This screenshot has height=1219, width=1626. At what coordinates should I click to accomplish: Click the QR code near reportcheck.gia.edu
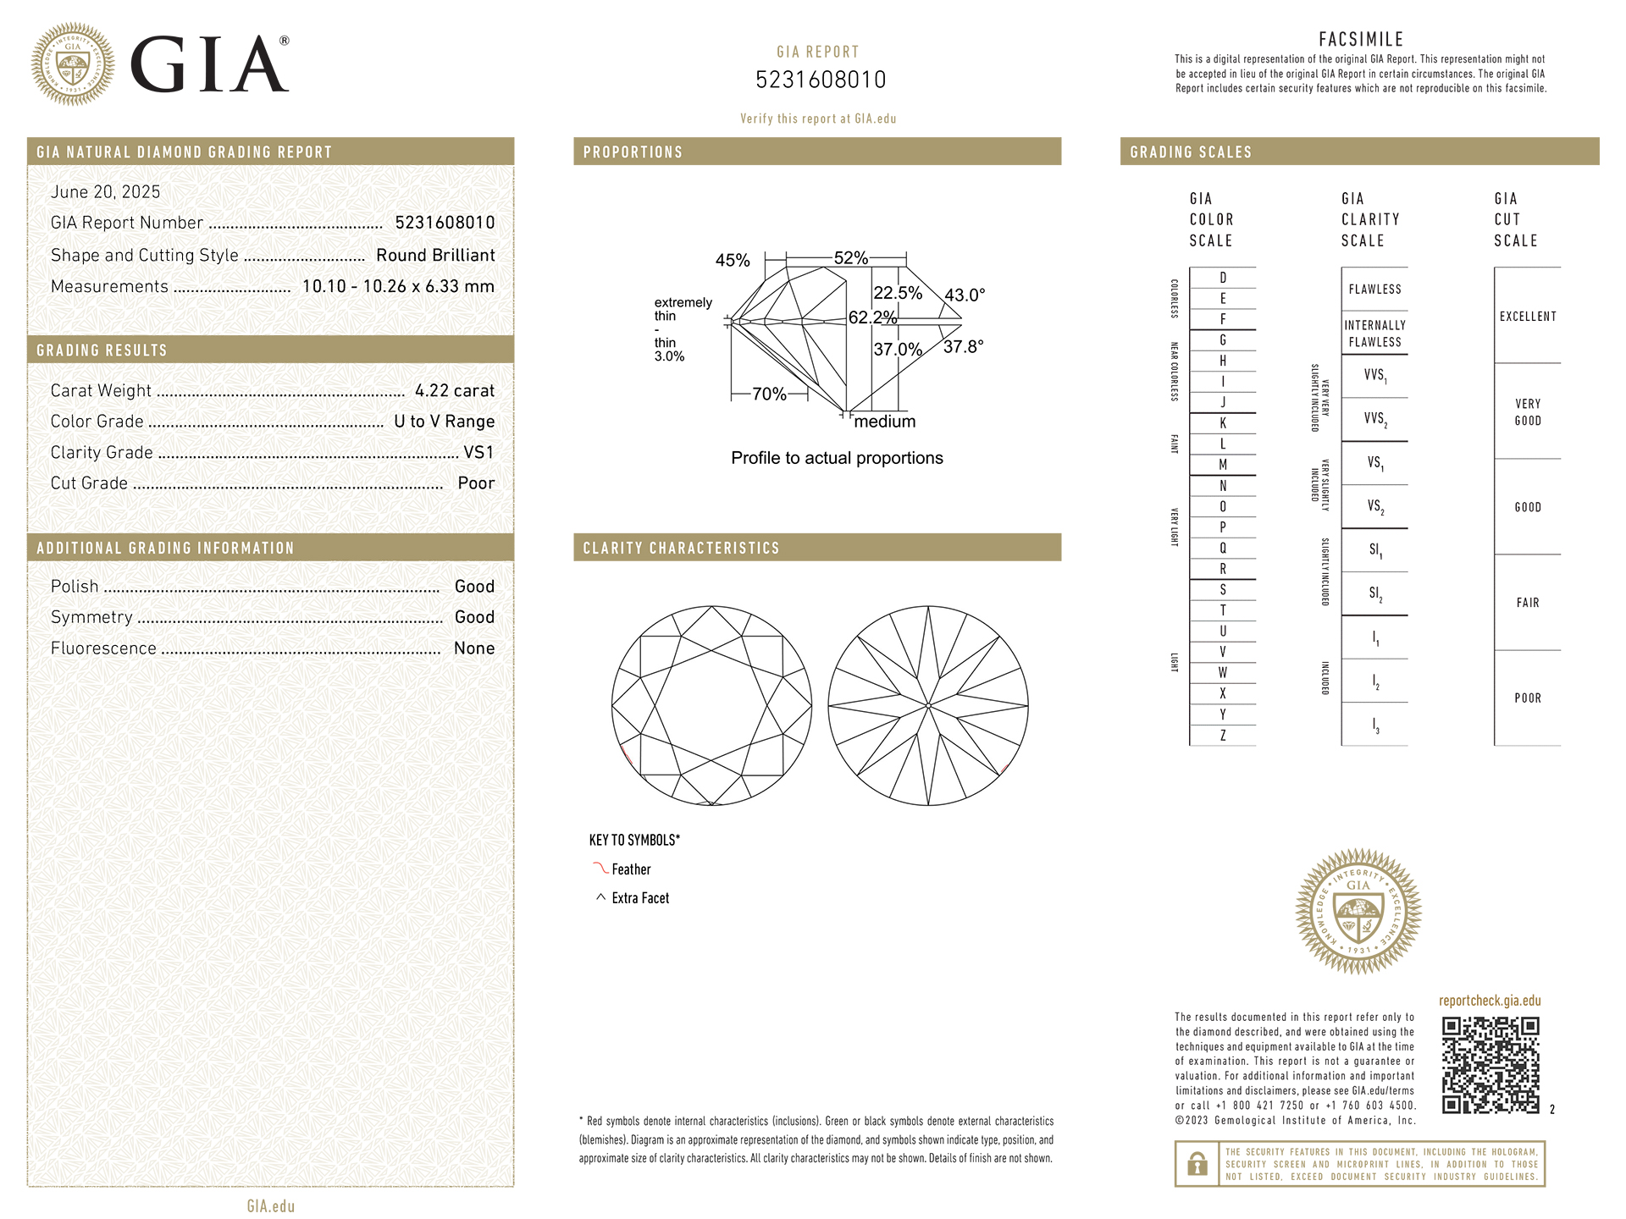point(1490,1065)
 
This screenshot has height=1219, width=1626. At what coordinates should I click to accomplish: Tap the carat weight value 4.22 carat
point(454,390)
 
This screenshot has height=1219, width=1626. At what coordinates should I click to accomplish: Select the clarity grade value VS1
point(478,452)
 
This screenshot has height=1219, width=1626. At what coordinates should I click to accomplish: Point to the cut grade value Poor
point(476,483)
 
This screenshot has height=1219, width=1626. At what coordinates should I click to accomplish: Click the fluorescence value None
point(474,648)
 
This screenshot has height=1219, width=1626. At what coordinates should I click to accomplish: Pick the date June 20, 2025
point(105,192)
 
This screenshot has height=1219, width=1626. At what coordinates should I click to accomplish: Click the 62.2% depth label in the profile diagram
point(872,317)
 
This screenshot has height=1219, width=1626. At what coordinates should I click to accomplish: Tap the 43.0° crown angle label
point(965,295)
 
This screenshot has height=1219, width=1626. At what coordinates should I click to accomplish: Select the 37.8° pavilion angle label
point(964,347)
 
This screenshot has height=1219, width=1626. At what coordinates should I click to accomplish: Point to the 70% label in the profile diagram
point(769,394)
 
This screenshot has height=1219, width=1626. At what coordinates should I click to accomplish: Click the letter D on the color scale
point(1223,278)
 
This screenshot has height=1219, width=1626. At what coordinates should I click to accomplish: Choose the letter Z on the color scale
point(1223,736)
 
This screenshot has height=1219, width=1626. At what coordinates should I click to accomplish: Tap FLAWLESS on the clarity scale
point(1374,290)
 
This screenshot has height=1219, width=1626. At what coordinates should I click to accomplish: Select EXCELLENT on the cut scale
point(1528,317)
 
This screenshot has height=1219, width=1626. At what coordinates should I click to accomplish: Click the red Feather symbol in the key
point(600,869)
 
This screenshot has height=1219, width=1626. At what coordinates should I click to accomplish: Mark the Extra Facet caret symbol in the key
point(601,897)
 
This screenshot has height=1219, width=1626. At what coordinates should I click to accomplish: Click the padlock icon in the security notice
point(1197,1164)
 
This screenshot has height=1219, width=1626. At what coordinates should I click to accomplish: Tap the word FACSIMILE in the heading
point(1361,40)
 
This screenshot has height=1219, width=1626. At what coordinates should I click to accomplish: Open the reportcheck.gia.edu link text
point(1490,1001)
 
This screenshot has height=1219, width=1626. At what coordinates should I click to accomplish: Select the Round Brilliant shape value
point(435,256)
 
